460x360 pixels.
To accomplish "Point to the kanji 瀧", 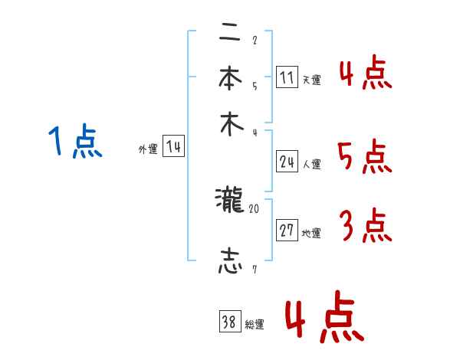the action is (x=229, y=201).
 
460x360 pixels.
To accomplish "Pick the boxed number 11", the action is (x=287, y=77).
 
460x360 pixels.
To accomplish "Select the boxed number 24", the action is (x=287, y=161).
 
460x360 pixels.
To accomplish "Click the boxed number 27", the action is (x=287, y=231).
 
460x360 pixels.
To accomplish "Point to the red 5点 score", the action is (x=364, y=158).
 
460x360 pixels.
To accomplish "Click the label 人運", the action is (x=311, y=164).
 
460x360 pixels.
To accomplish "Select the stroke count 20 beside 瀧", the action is (x=255, y=208).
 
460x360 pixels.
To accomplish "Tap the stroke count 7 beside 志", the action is (x=254, y=270).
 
